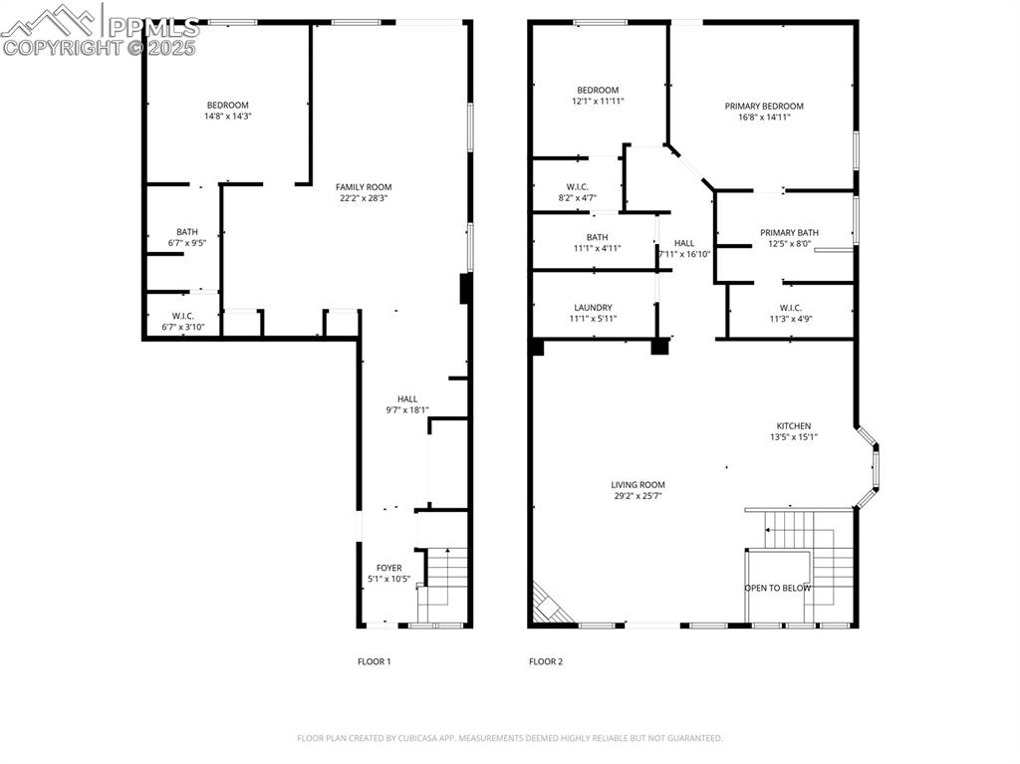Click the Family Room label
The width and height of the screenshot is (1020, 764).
363,186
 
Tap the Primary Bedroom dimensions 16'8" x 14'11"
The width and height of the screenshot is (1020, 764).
764,118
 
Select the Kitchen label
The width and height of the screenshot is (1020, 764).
793,426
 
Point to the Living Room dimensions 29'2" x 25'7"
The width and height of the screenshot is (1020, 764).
637,496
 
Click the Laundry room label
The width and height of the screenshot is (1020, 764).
593,308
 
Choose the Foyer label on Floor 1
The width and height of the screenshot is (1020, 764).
388,568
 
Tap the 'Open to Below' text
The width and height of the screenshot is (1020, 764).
777,588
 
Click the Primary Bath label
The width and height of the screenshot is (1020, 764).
789,232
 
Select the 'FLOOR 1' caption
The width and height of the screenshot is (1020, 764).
375,661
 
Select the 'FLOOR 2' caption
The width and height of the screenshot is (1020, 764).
546,661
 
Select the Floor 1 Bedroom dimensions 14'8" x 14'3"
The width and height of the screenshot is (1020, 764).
227,117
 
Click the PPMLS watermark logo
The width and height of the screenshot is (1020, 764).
100,30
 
